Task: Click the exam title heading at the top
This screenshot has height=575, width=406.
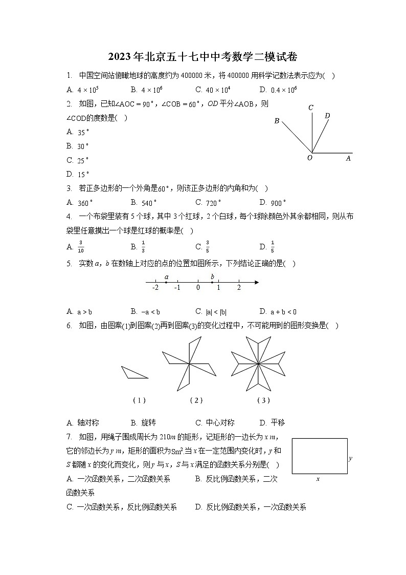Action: click(203, 56)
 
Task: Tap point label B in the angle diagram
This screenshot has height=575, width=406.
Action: click(277, 121)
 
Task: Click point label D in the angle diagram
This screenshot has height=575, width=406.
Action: click(327, 116)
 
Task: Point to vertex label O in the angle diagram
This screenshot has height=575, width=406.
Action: click(309, 158)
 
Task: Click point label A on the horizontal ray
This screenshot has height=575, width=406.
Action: click(348, 158)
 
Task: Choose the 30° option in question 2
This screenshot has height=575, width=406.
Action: click(83, 146)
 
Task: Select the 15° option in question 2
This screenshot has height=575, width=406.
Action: click(83, 174)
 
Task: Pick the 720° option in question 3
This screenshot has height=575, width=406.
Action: click(213, 202)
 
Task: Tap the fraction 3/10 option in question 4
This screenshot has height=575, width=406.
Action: click(81, 247)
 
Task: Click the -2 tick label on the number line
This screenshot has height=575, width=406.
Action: click(155, 288)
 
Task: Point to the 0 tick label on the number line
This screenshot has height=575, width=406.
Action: click(198, 288)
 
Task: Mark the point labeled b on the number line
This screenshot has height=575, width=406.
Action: click(212, 282)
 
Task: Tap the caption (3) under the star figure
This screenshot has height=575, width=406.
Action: click(263, 400)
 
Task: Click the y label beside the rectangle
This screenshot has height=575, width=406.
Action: click(351, 458)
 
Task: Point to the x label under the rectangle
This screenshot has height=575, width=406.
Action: click(318, 479)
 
